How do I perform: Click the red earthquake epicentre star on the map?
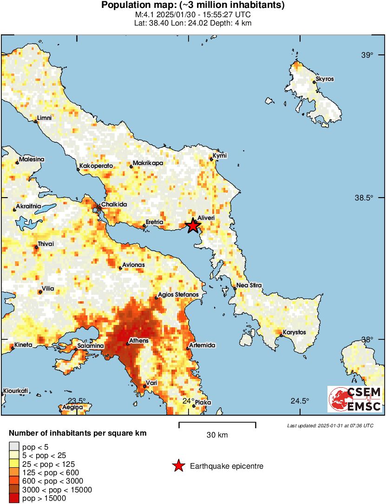(193, 226)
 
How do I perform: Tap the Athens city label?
(138, 341)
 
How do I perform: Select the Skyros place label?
(325, 79)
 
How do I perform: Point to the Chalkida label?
(114, 204)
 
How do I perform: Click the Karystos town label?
(294, 332)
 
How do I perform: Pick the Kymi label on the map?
(219, 155)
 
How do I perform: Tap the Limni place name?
(44, 118)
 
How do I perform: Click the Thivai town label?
(46, 244)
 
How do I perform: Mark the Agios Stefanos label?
(178, 295)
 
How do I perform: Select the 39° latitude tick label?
(367, 55)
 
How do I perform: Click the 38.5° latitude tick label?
(364, 198)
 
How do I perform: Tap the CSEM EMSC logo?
(355, 399)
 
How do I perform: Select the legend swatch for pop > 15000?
(14, 498)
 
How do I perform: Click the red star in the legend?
(178, 466)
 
